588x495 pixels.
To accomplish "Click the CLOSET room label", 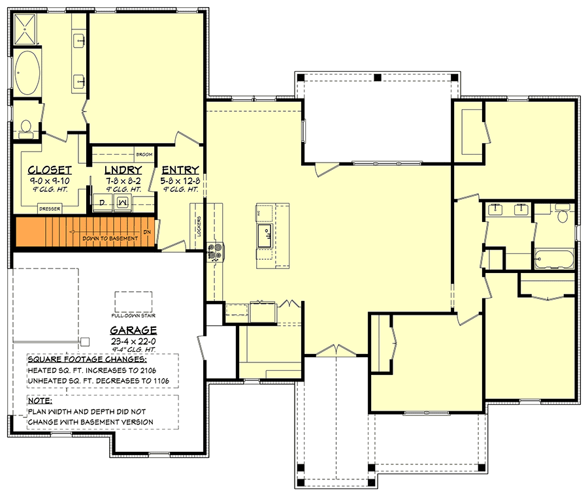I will [x=50, y=170].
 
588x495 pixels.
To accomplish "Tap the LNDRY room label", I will [x=123, y=170].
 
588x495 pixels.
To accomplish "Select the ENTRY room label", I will [x=180, y=170].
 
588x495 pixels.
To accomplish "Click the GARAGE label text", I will [x=133, y=330].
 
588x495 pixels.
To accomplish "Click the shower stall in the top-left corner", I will [x=28, y=29].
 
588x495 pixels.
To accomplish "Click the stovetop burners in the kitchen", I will [x=216, y=251].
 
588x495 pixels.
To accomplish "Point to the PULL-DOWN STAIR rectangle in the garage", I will [x=133, y=302].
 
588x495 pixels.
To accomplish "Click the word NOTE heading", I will [x=39, y=400].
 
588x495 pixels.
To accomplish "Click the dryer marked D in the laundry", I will [x=103, y=203].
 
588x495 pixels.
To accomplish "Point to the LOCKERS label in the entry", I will [x=197, y=226].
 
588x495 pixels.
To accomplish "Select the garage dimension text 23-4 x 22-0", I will [x=132, y=342].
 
